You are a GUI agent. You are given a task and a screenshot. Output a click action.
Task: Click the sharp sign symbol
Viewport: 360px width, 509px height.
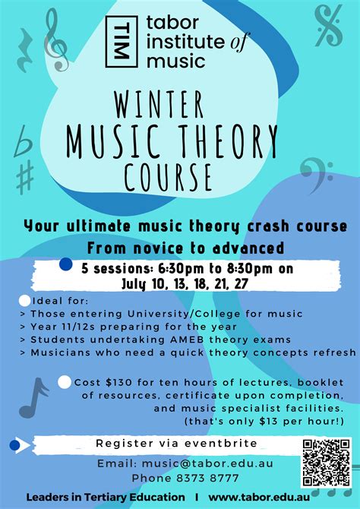coord(25,177)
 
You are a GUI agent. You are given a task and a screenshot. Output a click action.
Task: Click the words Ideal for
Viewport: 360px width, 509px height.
coord(53,302)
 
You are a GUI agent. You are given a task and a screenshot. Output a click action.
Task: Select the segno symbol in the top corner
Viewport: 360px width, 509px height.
coord(329,25)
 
